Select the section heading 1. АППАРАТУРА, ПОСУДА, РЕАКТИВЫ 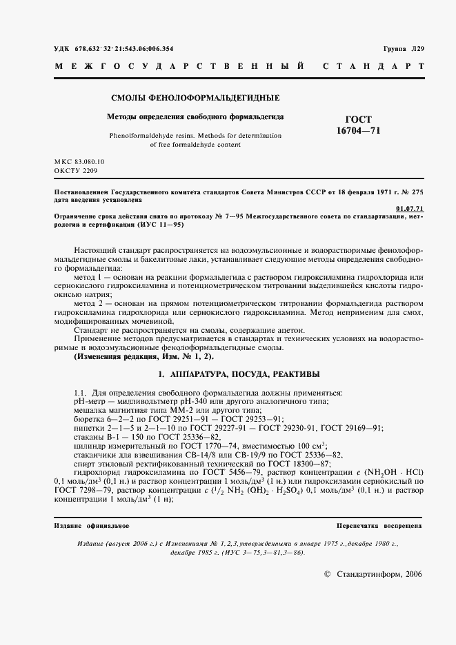(x=238, y=373)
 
